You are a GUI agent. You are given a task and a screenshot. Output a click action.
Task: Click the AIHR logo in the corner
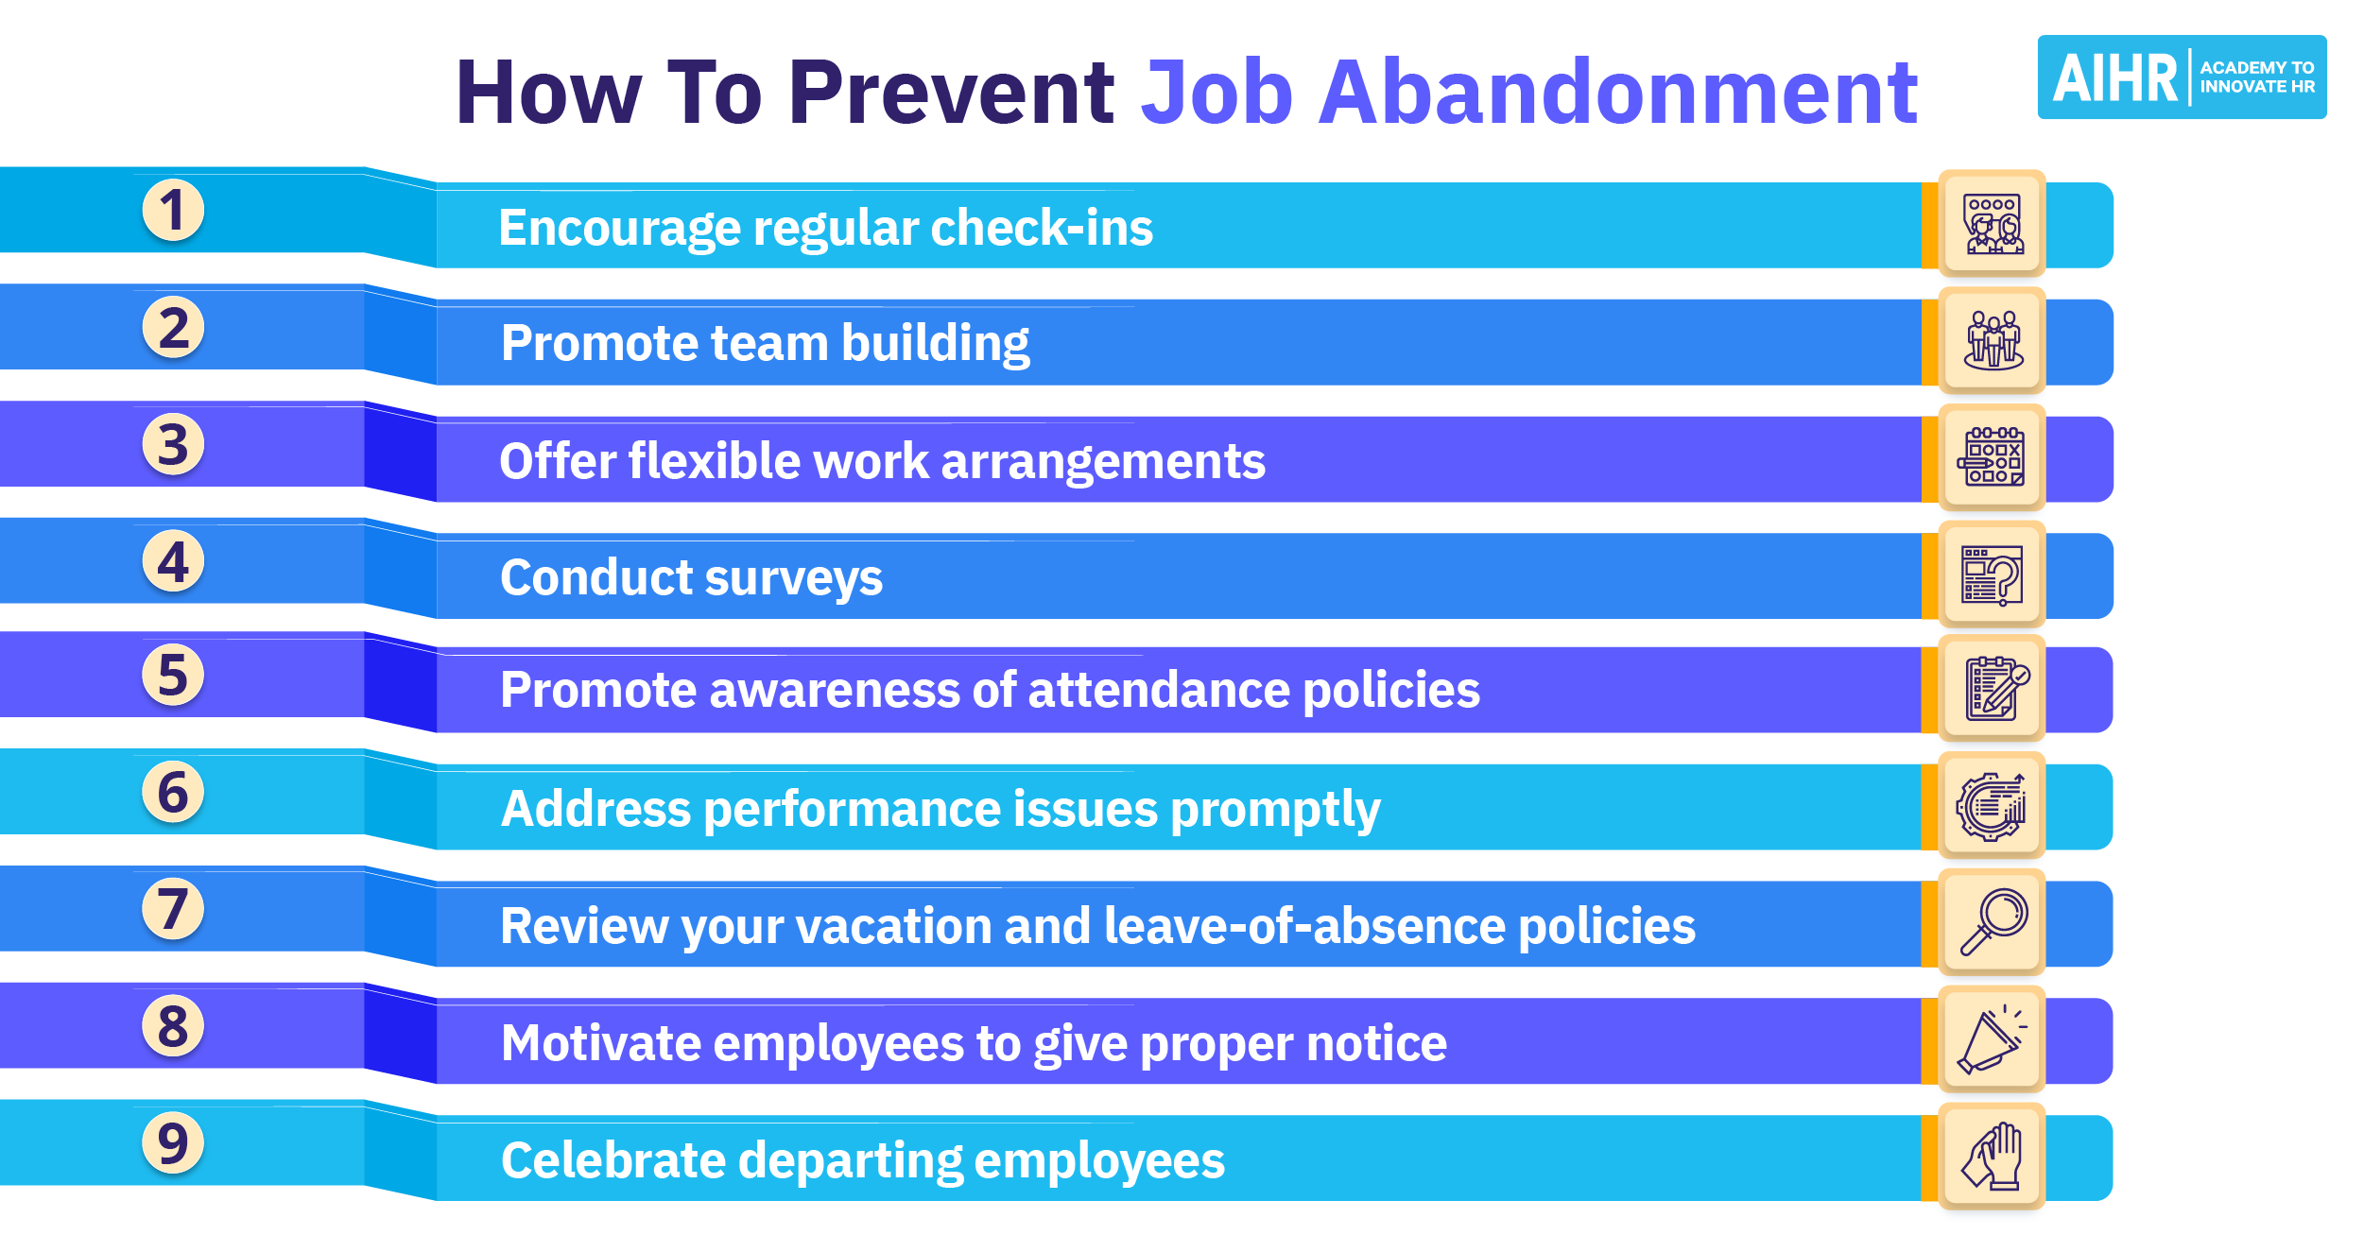(x=2181, y=77)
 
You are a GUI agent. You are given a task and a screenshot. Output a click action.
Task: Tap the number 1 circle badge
(x=173, y=210)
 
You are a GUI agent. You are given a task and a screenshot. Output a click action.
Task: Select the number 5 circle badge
(x=173, y=675)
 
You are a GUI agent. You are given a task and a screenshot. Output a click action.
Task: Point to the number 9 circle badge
(x=173, y=1142)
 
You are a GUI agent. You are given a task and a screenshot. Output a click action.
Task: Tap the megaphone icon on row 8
(x=1993, y=1040)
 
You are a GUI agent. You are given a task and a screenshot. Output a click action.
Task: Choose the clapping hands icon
(x=1993, y=1157)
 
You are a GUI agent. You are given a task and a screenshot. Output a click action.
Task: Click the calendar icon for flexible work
(x=1993, y=458)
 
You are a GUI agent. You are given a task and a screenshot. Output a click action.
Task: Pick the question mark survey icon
(x=1993, y=575)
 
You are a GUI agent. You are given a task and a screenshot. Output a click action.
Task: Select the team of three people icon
(x=1993, y=341)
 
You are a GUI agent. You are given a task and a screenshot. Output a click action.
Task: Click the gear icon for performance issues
(x=1993, y=807)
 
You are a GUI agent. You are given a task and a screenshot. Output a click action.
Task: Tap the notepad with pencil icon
(x=1993, y=689)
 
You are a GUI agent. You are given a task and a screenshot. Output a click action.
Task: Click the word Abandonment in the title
(x=1618, y=93)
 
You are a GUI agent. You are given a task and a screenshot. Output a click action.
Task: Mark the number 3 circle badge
(x=173, y=444)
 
